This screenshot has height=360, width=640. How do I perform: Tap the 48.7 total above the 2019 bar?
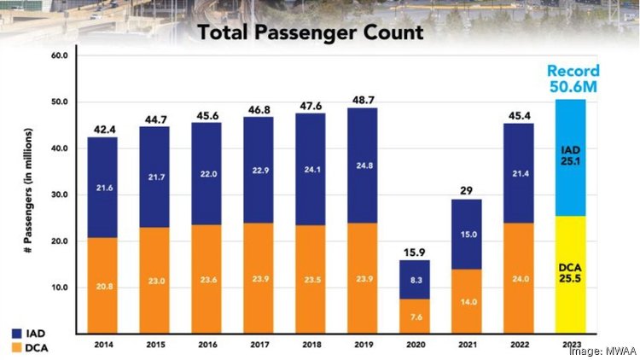pyautogui.click(x=364, y=100)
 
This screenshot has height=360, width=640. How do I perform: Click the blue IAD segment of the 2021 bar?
pyautogui.click(x=468, y=235)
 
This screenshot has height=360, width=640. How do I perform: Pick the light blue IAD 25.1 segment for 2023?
pyautogui.click(x=571, y=158)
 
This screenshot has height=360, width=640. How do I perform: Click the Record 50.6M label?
pyautogui.click(x=573, y=78)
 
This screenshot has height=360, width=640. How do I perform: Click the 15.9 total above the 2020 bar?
pyautogui.click(x=416, y=252)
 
